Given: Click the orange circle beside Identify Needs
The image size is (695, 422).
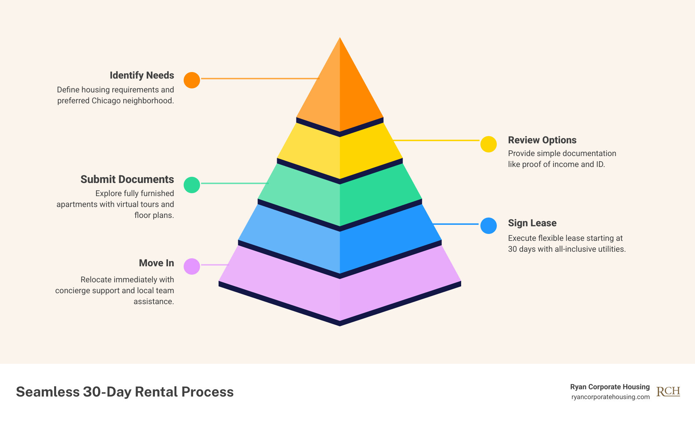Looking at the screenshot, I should [192, 80].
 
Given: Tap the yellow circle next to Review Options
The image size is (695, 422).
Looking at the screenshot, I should [488, 144].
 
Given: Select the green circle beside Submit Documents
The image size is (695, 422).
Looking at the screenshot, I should [192, 185].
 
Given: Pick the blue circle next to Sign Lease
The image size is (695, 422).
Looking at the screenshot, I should [488, 226].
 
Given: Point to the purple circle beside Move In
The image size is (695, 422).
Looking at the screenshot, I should [192, 266].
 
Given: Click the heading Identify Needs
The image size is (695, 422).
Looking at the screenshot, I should [142, 75].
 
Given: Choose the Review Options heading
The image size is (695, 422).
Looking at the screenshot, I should [542, 140].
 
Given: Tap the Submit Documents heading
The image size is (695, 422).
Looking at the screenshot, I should [127, 179].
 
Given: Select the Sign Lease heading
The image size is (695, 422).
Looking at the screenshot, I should [532, 223].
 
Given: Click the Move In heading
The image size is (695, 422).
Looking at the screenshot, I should [156, 263].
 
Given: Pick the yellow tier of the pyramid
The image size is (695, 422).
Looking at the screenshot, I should [340, 153].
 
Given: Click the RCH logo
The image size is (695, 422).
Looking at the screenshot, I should [668, 391].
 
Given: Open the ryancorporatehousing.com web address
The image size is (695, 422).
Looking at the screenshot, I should [610, 397].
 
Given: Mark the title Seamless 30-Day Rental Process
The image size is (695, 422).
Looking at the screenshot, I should [125, 392].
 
